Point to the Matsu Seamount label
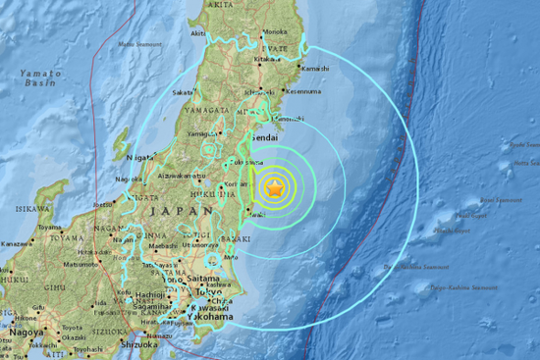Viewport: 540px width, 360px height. (x=140, y=41)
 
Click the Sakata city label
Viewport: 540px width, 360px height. (x=184, y=92)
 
